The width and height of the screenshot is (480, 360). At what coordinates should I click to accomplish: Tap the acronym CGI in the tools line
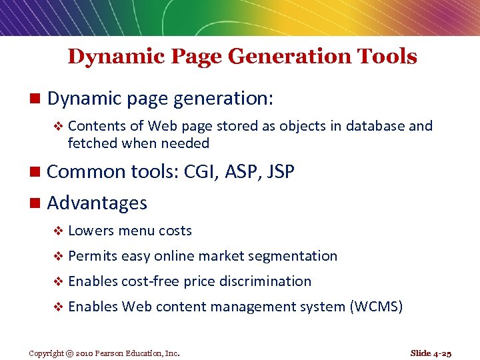(197, 172)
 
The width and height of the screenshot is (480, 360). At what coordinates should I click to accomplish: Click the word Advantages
(97, 203)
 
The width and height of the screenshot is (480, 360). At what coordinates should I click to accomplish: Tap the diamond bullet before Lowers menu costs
(57, 231)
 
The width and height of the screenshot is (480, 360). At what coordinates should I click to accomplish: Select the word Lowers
(91, 231)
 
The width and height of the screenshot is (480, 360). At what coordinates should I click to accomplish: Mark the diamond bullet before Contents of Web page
(57, 127)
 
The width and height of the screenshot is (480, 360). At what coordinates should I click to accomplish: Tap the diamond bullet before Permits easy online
(57, 257)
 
